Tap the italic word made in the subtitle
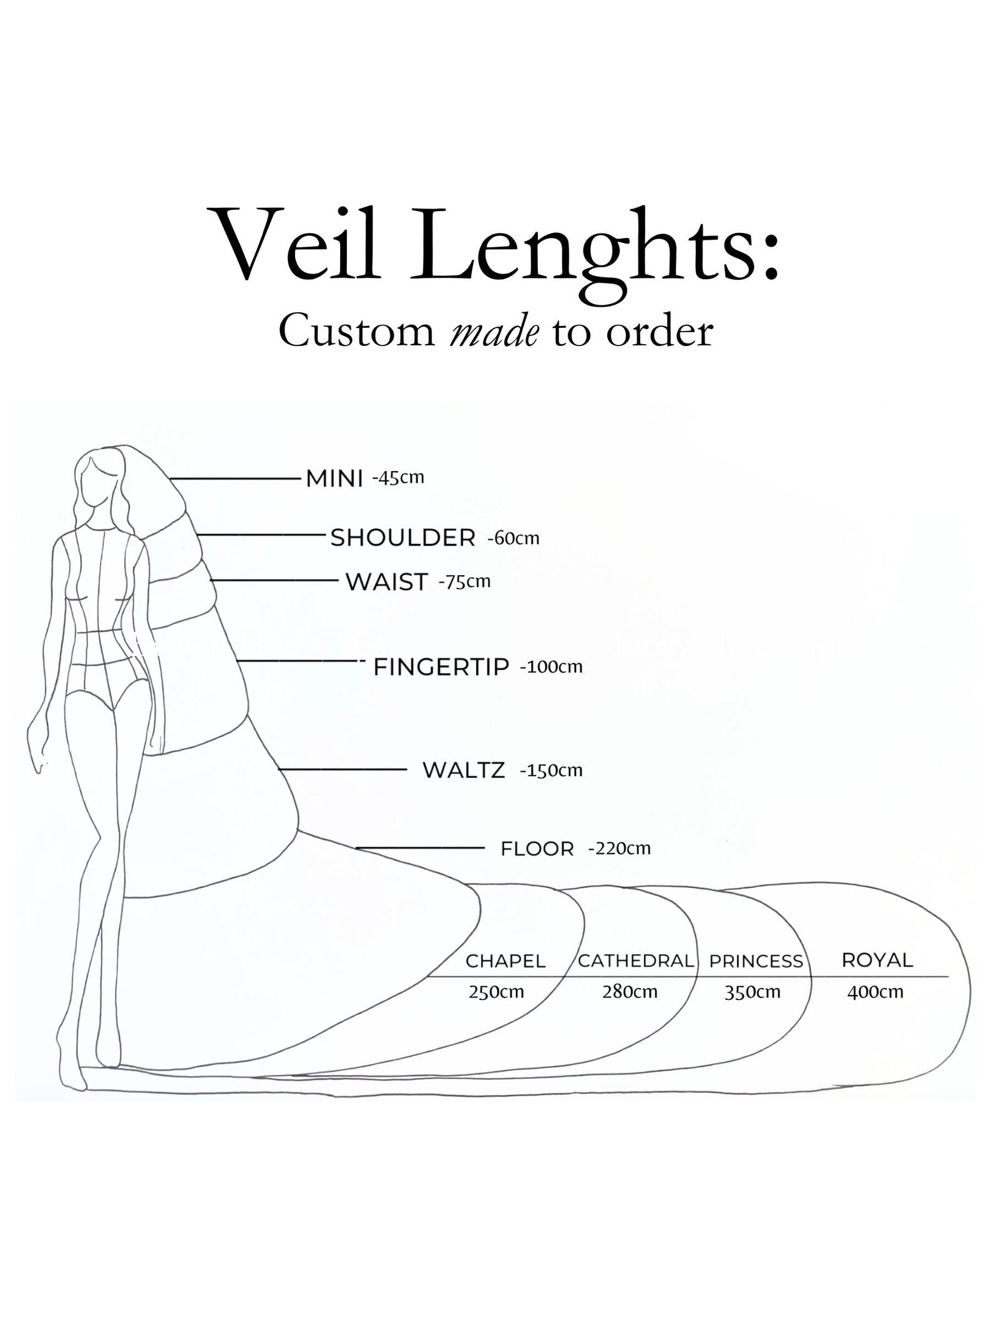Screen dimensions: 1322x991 pyautogui.click(x=494, y=332)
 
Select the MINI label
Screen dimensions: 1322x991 pyautogui.click(x=334, y=479)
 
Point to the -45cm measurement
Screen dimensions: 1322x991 pyautogui.click(x=398, y=478)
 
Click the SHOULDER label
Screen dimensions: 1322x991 pyautogui.click(x=403, y=538)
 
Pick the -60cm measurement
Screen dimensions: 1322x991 pyautogui.click(x=513, y=538)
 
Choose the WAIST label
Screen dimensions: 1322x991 pyautogui.click(x=387, y=582)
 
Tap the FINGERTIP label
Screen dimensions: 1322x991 pyautogui.click(x=441, y=667)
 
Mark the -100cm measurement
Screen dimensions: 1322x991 pyautogui.click(x=551, y=666)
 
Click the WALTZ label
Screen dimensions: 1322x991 pyautogui.click(x=464, y=770)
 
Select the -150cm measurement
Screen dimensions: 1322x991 pyautogui.click(x=551, y=770)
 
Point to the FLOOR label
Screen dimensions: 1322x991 pyautogui.click(x=537, y=849)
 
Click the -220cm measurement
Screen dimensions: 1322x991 pyautogui.click(x=619, y=848)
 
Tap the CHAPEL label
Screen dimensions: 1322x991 pyautogui.click(x=505, y=961)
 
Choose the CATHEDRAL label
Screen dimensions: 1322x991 pyautogui.click(x=635, y=961)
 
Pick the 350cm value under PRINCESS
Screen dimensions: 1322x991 pyautogui.click(x=752, y=992)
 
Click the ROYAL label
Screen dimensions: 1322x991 pyautogui.click(x=877, y=960)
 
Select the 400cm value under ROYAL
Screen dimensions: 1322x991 pyautogui.click(x=875, y=992)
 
